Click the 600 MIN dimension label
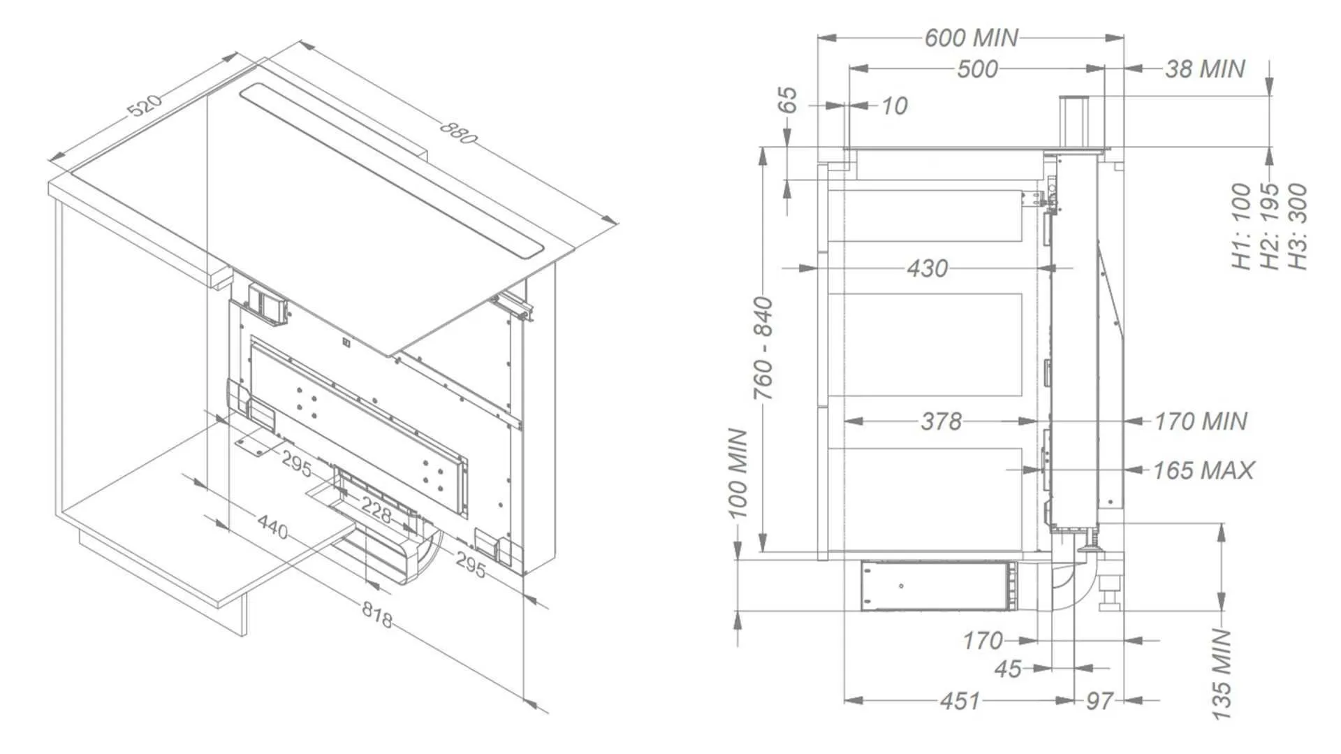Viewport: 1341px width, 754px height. point(972,38)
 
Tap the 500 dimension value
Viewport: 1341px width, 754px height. point(977,69)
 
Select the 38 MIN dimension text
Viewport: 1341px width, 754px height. point(1205,68)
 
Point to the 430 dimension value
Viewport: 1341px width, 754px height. point(928,268)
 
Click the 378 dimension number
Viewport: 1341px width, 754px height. point(941,421)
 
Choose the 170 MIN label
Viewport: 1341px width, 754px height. point(1200,421)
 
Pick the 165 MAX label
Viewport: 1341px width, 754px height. point(1203,470)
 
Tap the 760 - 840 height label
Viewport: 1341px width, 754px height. point(763,348)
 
